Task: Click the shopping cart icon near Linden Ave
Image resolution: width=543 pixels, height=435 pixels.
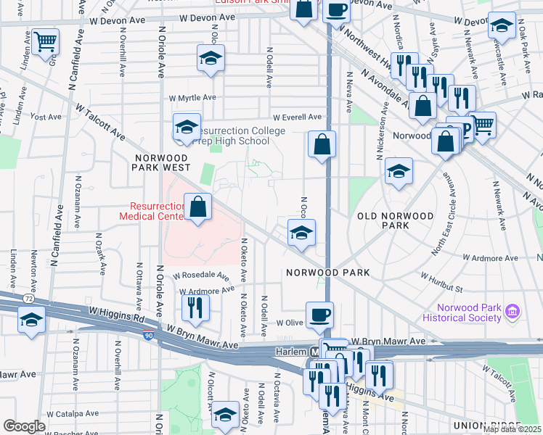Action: click(45, 41)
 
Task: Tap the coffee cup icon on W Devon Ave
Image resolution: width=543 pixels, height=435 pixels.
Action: click(336, 10)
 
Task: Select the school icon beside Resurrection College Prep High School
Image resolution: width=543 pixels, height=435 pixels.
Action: click(187, 127)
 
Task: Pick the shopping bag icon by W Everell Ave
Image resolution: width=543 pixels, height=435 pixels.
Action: click(322, 144)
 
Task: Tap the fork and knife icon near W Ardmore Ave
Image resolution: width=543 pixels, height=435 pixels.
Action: click(195, 306)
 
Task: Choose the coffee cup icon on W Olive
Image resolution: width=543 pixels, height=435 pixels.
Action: click(319, 315)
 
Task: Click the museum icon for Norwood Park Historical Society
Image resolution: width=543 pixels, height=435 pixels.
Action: click(513, 311)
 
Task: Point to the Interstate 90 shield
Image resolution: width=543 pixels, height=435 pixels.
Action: click(149, 335)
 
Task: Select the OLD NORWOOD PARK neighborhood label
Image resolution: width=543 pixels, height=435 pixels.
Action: click(396, 220)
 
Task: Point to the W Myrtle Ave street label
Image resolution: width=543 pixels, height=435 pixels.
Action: click(192, 98)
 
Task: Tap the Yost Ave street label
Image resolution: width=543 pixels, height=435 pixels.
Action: click(46, 116)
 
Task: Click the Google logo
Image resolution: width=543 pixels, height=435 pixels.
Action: click(24, 426)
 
